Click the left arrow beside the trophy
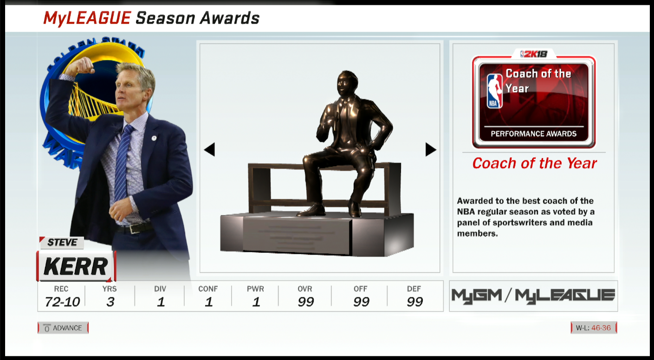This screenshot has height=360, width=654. (210, 149)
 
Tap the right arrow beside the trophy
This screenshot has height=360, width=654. (431, 149)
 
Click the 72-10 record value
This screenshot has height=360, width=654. (62, 302)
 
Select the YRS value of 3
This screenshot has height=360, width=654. (110, 302)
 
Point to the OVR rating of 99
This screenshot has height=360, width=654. (306, 302)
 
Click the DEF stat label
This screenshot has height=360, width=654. (414, 289)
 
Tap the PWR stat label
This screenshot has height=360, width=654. (255, 289)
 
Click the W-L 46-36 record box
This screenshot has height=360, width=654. (594, 328)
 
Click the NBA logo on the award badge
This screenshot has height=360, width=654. (494, 91)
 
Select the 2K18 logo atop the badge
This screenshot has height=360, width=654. (534, 54)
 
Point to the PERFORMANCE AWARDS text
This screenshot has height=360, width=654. (533, 134)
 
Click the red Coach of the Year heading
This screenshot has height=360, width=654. (534, 163)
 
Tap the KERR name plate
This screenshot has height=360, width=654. (76, 266)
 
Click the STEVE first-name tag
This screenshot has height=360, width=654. (62, 243)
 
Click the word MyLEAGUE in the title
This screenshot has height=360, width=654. (87, 18)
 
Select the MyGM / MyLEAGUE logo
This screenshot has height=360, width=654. (533, 296)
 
